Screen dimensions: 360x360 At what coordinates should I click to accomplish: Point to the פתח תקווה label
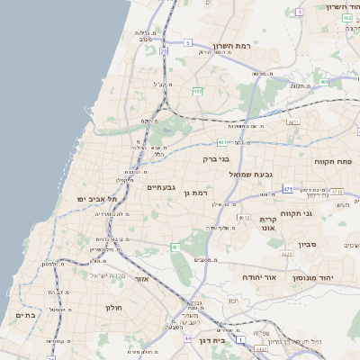[x=333, y=161]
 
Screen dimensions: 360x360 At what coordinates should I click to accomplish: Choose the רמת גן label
[x=194, y=193]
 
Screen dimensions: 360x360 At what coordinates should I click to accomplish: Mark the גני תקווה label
[x=321, y=213]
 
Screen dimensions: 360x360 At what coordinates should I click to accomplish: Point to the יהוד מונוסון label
[x=310, y=279]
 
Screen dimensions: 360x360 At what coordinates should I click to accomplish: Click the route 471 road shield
[x=288, y=189]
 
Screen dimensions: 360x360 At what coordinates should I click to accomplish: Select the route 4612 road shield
[x=244, y=218]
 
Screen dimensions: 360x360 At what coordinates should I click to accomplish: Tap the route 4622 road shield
[x=286, y=256]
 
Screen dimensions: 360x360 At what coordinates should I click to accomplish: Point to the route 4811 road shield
[x=293, y=121]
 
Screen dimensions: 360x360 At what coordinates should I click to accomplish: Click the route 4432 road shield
[x=261, y=348]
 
